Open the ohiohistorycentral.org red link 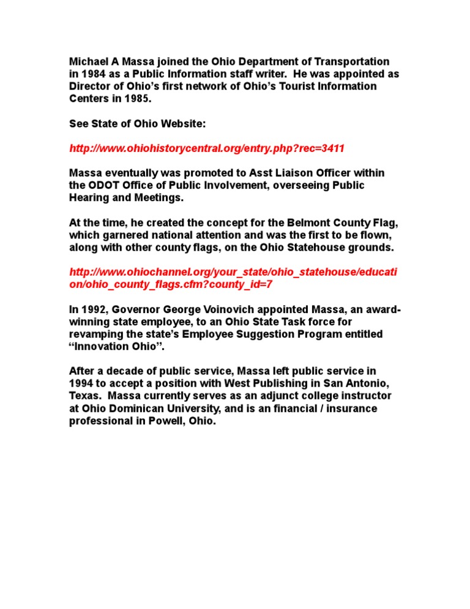tap(207, 149)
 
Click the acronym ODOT tap(103, 186)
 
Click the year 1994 tap(83, 384)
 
